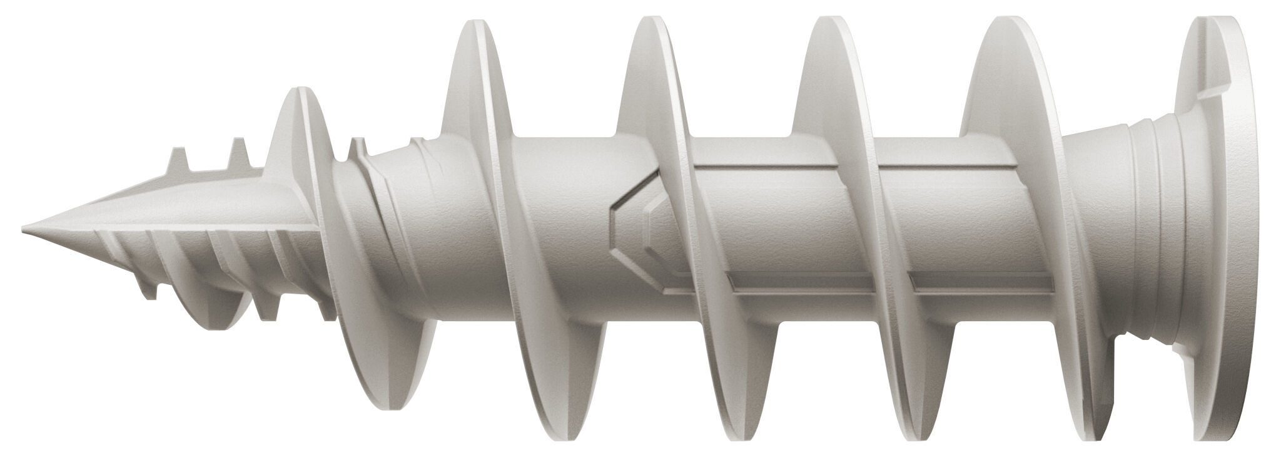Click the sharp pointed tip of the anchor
tap(25, 226)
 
